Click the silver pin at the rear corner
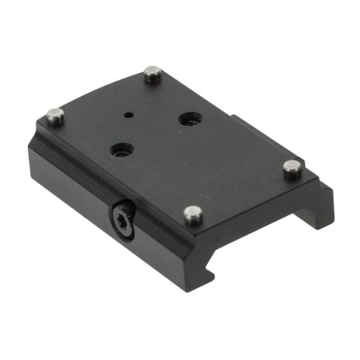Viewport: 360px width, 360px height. click(152, 74)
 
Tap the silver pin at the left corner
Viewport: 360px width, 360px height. click(55, 115)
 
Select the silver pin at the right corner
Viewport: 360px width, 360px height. click(293, 168)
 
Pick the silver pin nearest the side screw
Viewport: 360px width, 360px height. click(193, 215)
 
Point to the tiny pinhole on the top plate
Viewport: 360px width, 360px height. click(132, 114)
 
